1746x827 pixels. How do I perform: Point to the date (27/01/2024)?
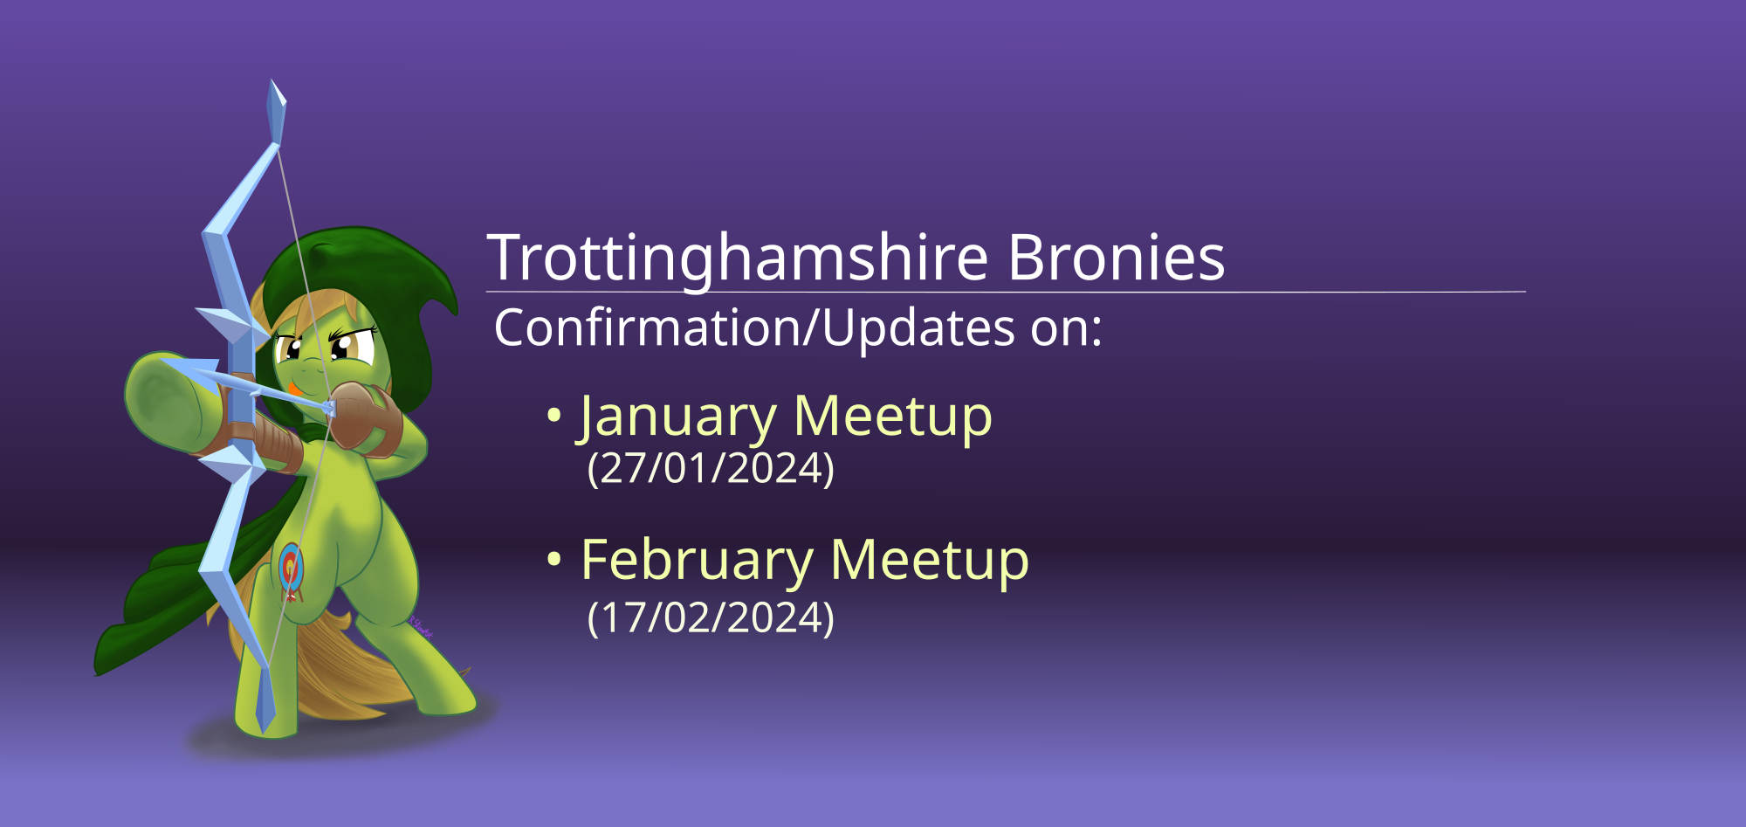click(x=711, y=469)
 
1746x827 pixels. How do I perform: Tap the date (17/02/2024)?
click(x=711, y=618)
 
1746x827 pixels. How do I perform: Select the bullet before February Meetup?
click(x=553, y=561)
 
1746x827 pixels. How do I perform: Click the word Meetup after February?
click(x=930, y=561)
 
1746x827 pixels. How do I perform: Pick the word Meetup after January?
click(x=893, y=417)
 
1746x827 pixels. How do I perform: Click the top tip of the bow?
click(x=272, y=81)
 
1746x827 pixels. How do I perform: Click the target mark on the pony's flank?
click(x=292, y=570)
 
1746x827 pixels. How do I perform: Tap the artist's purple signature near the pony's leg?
click(x=421, y=626)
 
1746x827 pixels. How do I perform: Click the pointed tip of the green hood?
click(x=454, y=309)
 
